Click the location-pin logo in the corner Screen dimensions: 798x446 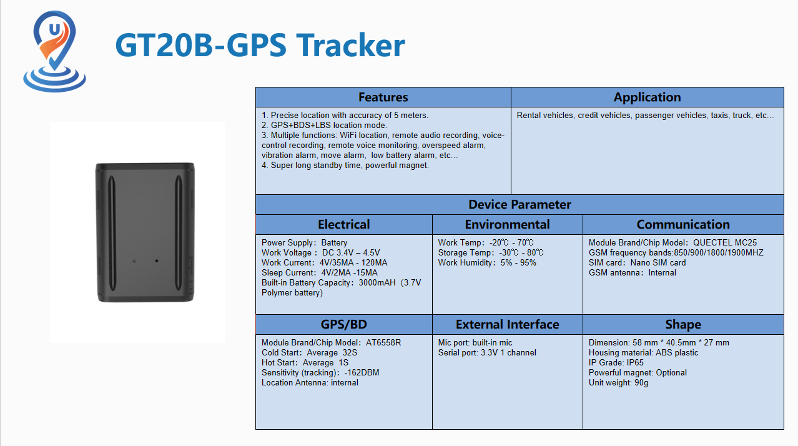click(54, 51)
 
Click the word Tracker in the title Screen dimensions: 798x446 click(351, 45)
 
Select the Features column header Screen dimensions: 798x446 click(383, 97)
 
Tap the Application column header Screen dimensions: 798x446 click(647, 97)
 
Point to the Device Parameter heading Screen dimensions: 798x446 click(520, 204)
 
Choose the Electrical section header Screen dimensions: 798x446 click(344, 224)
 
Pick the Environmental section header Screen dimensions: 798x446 click(507, 224)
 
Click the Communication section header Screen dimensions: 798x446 click(683, 224)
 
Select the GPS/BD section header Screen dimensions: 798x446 click(344, 324)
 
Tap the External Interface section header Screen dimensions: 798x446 click(507, 324)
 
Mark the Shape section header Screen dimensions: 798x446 click(683, 324)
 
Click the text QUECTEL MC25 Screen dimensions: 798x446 click(724, 242)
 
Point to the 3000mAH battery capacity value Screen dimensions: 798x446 click(377, 282)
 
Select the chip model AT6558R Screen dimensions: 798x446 click(383, 342)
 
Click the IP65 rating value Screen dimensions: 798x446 click(635, 362)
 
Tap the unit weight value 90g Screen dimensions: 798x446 click(641, 382)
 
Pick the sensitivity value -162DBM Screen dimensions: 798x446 click(362, 372)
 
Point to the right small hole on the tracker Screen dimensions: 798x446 click(157, 260)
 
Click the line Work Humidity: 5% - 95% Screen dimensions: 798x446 click(487, 262)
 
